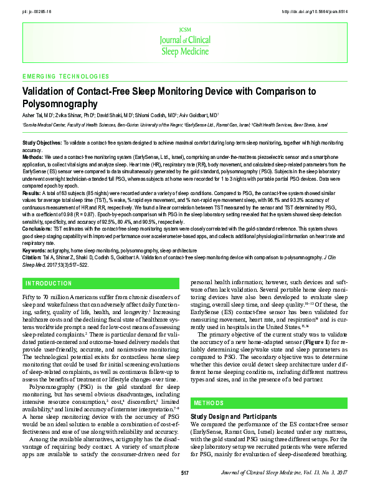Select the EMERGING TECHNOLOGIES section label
65,76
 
